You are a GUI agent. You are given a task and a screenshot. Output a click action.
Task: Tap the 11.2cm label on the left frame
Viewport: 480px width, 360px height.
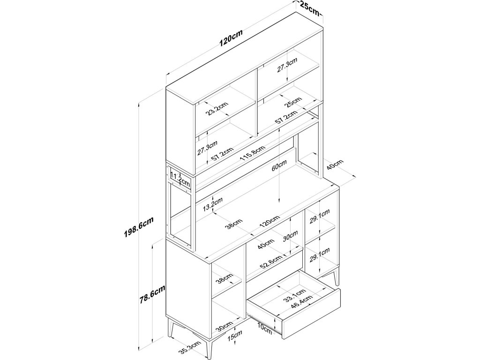click(x=180, y=179)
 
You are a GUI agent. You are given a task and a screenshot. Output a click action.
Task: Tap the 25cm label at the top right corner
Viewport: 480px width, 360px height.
click(x=307, y=7)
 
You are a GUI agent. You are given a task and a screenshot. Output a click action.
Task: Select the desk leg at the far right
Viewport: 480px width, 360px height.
click(x=335, y=277)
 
